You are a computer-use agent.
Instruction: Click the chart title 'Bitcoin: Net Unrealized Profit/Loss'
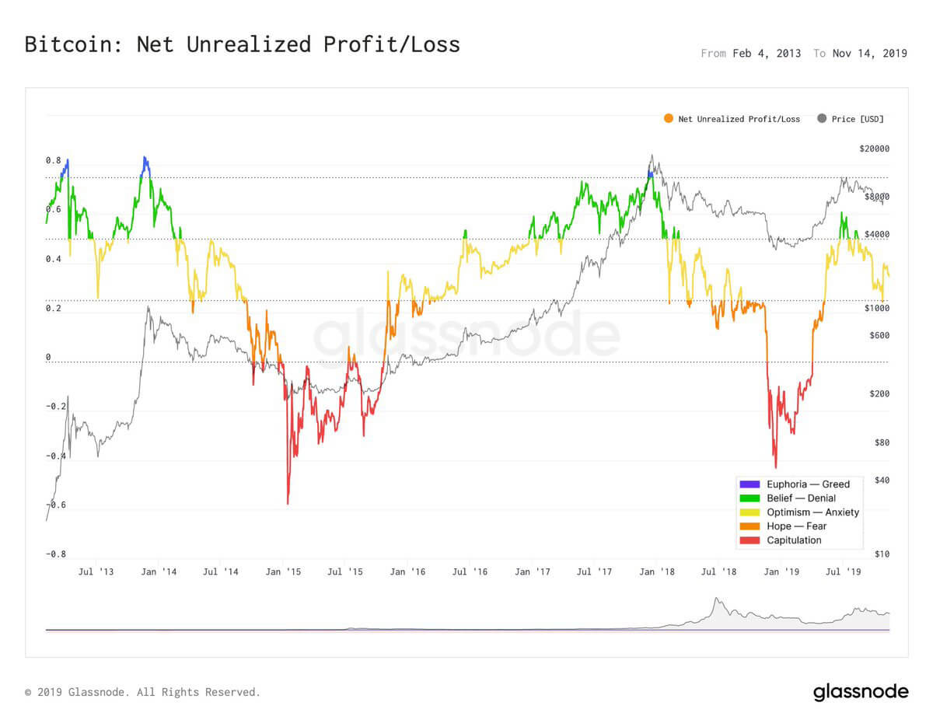[242, 44]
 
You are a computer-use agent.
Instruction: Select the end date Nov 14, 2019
[868, 54]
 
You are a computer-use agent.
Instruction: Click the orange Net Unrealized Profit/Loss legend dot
[668, 119]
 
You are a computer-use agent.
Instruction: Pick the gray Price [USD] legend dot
[822, 119]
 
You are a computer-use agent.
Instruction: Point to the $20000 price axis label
[875, 149]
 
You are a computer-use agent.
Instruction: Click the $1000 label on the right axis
[878, 309]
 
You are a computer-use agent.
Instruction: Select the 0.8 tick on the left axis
[53, 160]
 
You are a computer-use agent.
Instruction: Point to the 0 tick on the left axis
[48, 358]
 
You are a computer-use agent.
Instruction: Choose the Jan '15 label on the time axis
[283, 572]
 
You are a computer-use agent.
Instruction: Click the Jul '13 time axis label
[96, 572]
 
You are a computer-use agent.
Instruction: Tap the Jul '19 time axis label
[844, 572]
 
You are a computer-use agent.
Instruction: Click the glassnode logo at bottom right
[861, 692]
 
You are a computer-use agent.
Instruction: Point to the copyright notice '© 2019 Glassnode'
[142, 692]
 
